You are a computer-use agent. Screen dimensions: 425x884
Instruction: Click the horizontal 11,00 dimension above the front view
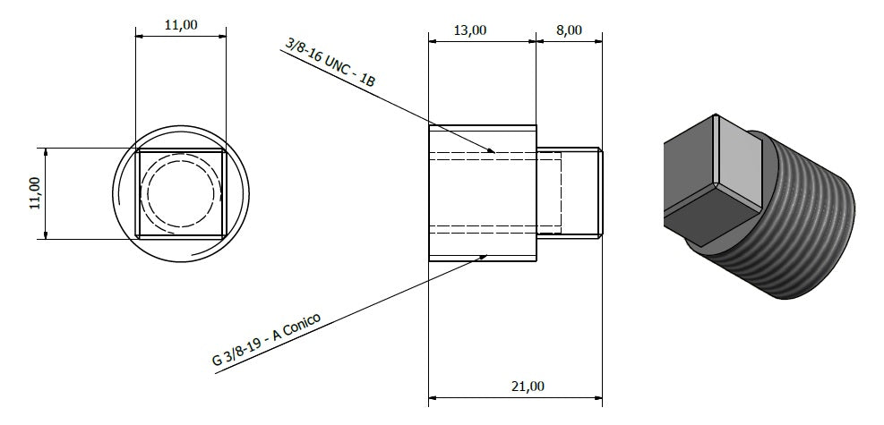pos(181,24)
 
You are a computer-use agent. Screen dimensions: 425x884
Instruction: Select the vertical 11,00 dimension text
pos(34,193)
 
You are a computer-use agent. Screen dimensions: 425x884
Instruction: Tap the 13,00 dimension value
pos(470,30)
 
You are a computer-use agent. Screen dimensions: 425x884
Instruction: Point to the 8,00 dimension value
pos(569,30)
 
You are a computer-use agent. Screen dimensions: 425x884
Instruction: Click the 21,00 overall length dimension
pos(528,386)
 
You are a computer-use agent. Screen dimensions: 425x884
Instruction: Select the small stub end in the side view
pos(570,192)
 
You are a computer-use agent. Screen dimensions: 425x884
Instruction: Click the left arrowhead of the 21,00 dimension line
pos(433,396)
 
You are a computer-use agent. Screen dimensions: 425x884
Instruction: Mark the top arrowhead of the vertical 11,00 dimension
pos(45,153)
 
